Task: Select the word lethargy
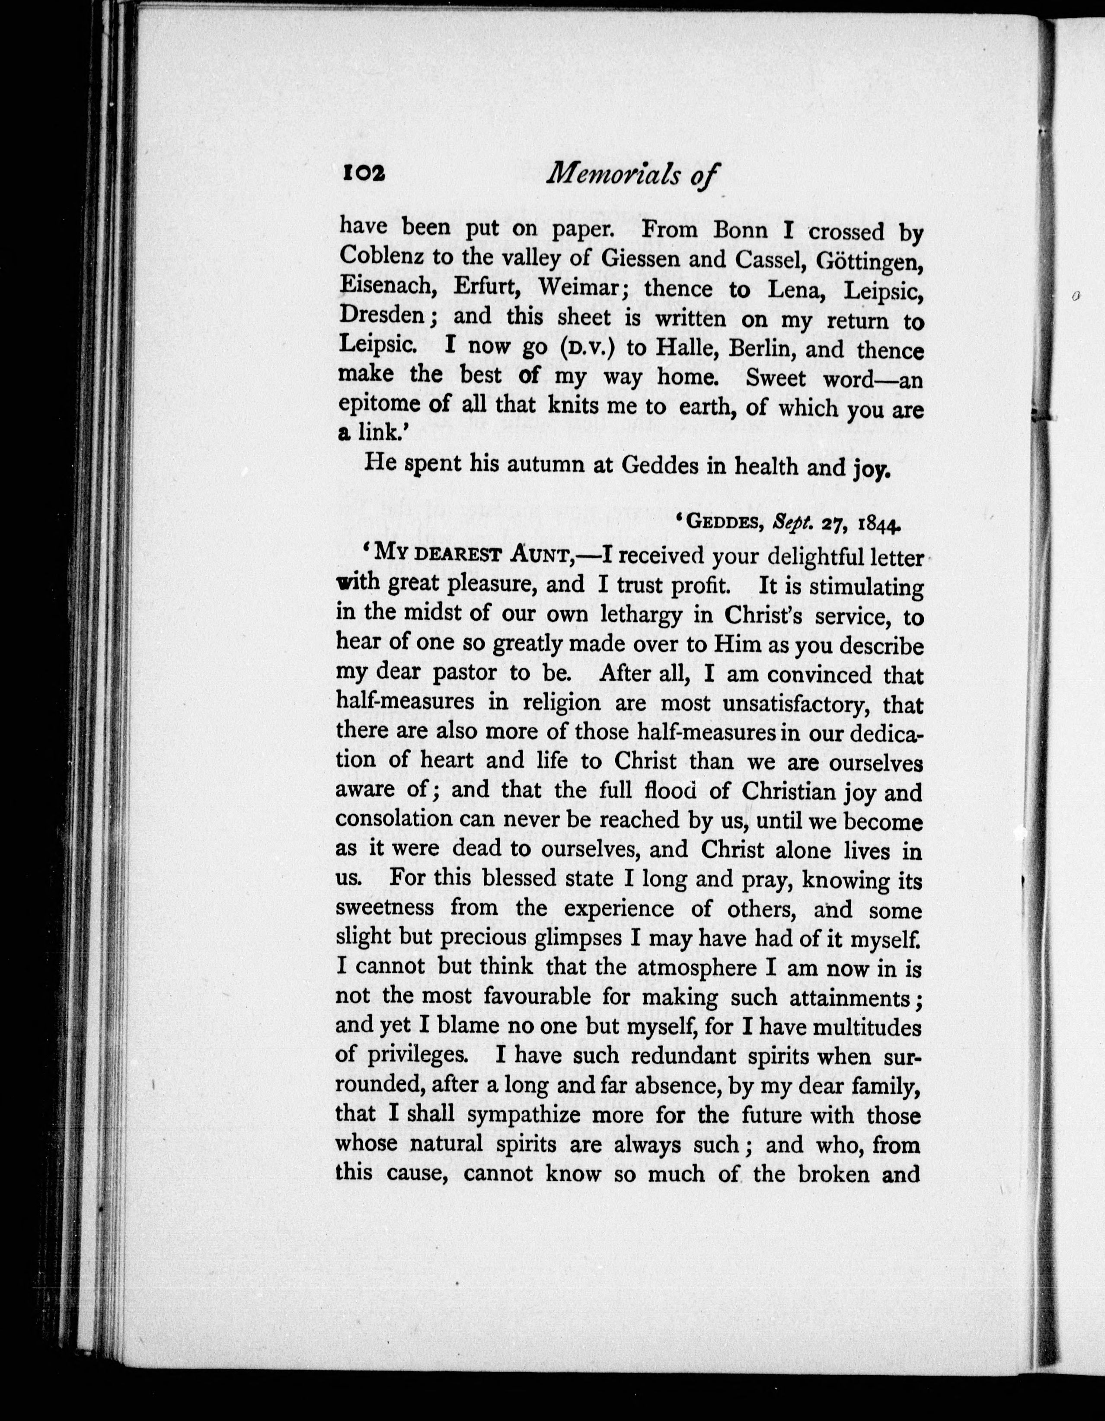pyautogui.click(x=631, y=614)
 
